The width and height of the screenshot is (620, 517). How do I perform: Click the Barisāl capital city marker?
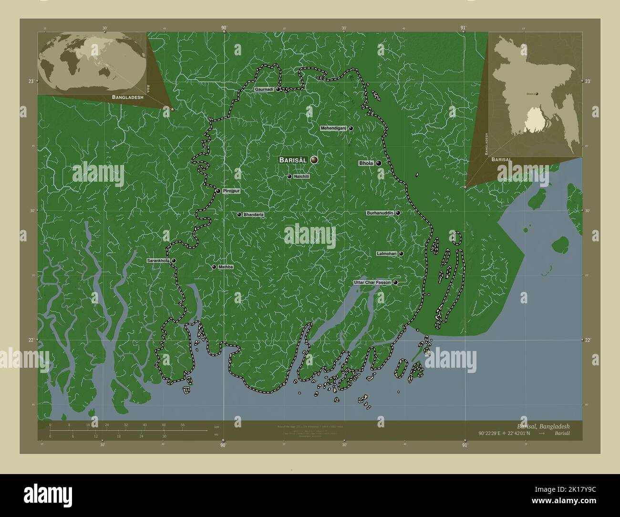[x=314, y=160]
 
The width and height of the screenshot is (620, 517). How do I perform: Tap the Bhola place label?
[x=366, y=163]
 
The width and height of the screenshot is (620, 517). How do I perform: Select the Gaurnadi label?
[x=264, y=89]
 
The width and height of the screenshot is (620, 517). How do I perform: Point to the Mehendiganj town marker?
[x=351, y=128]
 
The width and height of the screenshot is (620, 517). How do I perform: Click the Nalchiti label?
[x=302, y=176]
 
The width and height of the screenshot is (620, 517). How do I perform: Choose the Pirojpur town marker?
[x=218, y=191]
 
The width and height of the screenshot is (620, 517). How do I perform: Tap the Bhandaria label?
[x=254, y=215]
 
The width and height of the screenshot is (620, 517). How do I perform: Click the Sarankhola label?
[x=158, y=261]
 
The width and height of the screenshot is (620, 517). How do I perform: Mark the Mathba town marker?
[x=214, y=267]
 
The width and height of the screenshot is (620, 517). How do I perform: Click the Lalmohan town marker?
[x=401, y=254]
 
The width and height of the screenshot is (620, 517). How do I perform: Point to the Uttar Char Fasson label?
[x=372, y=282]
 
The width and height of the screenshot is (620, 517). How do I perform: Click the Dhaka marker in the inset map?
[x=538, y=94]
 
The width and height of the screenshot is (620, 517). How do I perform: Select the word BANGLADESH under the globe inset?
[x=127, y=97]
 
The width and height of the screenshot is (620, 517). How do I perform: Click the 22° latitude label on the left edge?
[x=31, y=340]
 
